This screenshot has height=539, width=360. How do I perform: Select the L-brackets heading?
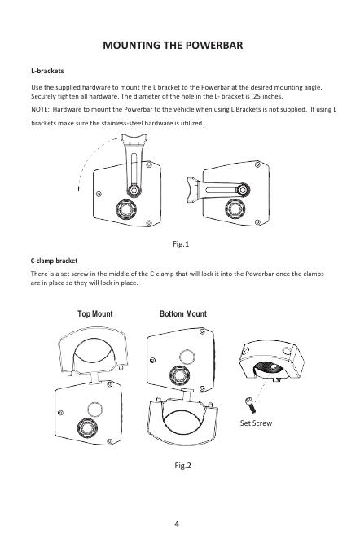pyautogui.click(x=47, y=71)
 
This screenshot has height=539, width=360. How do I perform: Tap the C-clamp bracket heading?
pyautogui.click(x=54, y=261)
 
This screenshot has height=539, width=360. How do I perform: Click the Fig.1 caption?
pyautogui.click(x=181, y=244)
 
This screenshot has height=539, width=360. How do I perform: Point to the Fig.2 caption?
pyautogui.click(x=182, y=466)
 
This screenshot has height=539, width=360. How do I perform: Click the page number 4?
pyautogui.click(x=177, y=524)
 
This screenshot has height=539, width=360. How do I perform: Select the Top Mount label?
pyautogui.click(x=95, y=313)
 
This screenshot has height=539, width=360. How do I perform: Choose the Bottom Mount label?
pyautogui.click(x=183, y=313)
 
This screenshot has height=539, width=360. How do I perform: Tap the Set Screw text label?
pyautogui.click(x=256, y=423)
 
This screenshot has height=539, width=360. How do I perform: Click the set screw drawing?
pyautogui.click(x=250, y=405)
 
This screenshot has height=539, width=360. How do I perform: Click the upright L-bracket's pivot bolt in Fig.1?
pyautogui.click(x=134, y=190)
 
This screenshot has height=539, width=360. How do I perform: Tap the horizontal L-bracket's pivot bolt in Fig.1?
pyautogui.click(x=243, y=190)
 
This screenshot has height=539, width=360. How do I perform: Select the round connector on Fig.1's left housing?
pyautogui.click(x=126, y=209)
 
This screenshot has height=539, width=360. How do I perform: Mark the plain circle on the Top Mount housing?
pyautogui.click(x=94, y=410)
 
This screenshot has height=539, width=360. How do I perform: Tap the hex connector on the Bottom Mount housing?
pyautogui.click(x=179, y=375)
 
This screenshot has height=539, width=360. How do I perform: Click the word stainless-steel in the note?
pyautogui.click(x=122, y=123)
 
